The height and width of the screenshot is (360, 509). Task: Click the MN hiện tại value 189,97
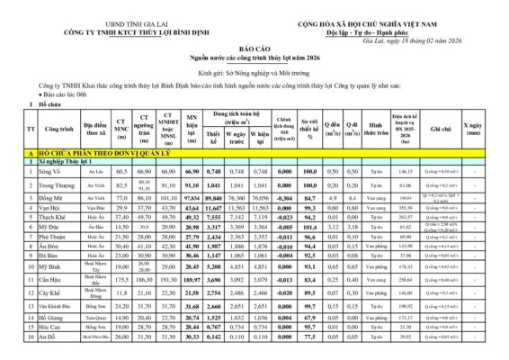click(191, 305)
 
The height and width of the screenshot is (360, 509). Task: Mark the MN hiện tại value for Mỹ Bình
click(191, 292)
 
